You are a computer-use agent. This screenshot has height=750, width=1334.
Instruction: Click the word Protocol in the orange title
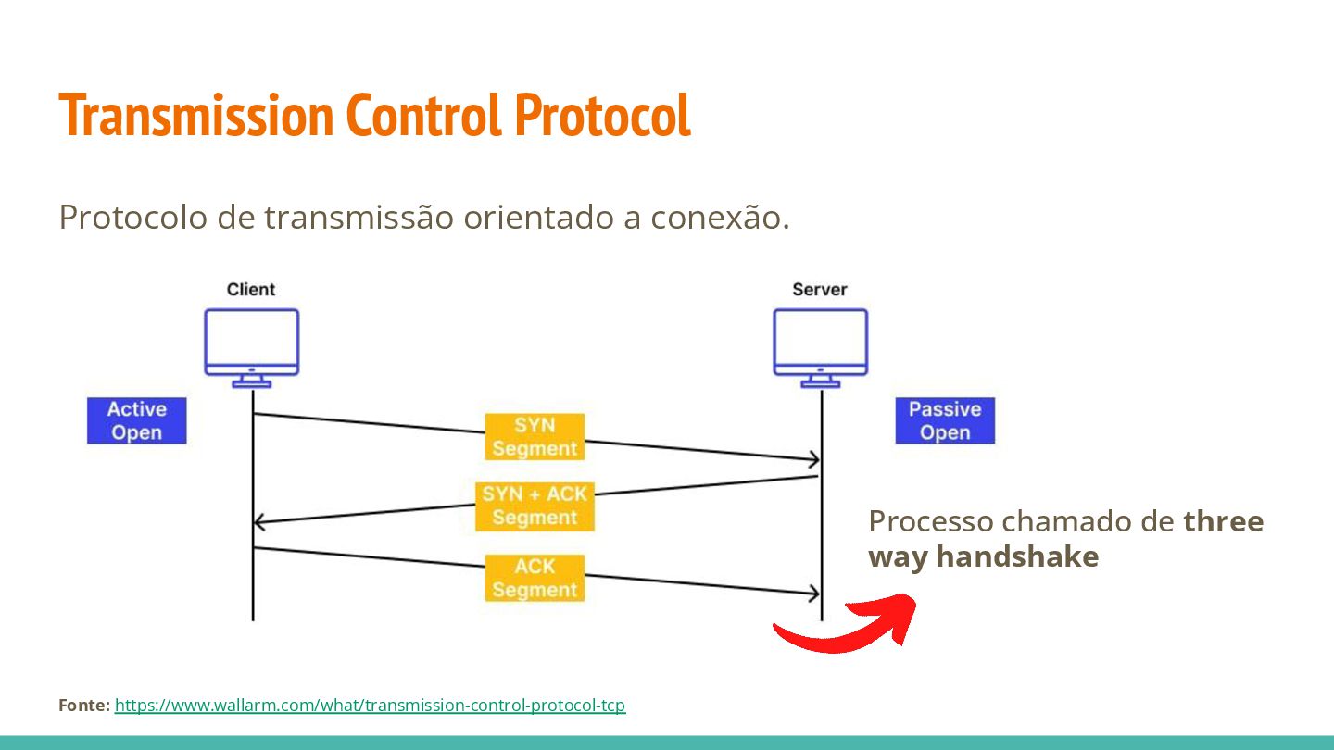click(602, 116)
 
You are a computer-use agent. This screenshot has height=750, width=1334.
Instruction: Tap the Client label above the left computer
click(251, 290)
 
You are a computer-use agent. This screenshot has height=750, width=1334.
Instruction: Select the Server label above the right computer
click(820, 290)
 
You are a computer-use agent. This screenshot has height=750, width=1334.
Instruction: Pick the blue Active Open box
click(137, 420)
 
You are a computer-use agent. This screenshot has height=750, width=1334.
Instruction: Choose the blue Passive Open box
click(945, 420)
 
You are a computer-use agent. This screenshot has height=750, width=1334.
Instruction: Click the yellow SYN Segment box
click(535, 436)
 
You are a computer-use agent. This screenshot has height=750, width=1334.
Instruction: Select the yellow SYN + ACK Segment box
click(535, 506)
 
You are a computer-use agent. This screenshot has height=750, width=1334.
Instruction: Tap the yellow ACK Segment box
click(535, 578)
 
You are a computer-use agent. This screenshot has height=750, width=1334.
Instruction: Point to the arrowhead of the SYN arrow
click(814, 459)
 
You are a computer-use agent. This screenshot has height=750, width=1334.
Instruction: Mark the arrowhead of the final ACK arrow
click(814, 593)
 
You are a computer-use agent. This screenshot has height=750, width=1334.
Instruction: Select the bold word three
click(1224, 521)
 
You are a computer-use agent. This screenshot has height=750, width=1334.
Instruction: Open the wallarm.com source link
click(370, 706)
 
